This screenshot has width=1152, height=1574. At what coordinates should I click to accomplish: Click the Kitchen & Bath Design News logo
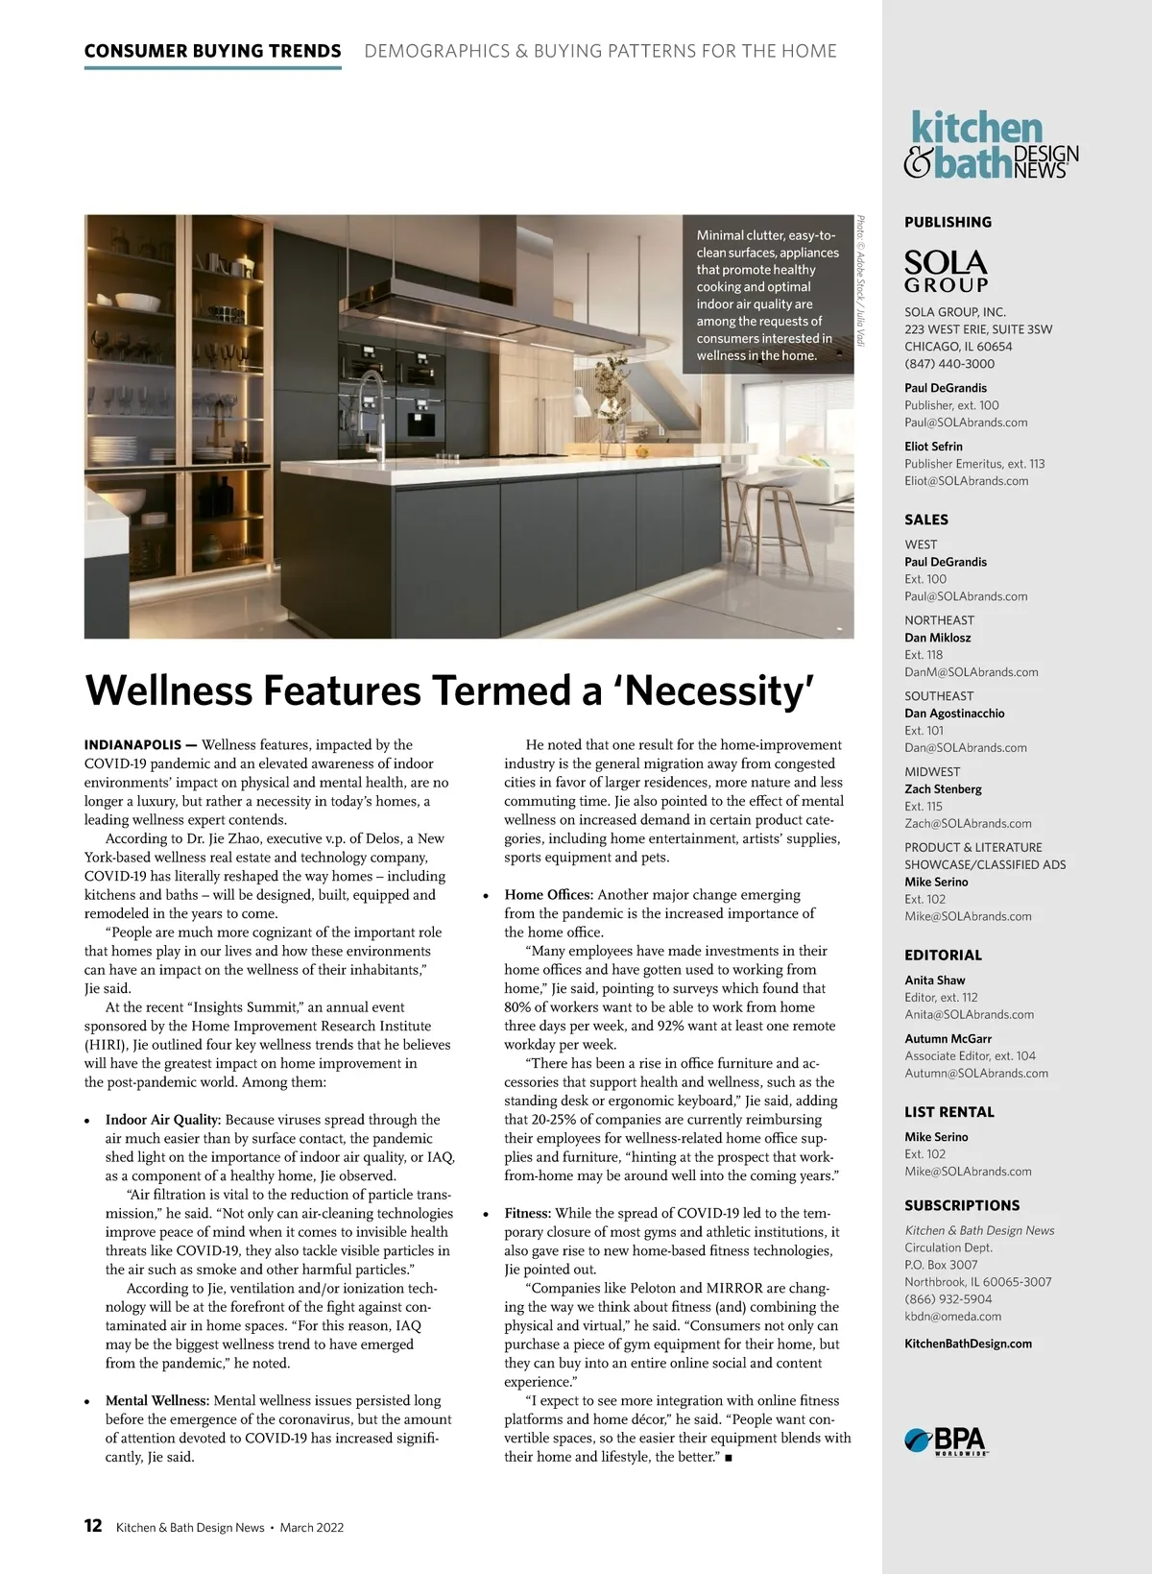[x=991, y=145]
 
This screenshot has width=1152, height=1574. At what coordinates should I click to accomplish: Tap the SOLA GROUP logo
[x=946, y=272]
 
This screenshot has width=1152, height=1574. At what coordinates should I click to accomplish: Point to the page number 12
[x=93, y=1526]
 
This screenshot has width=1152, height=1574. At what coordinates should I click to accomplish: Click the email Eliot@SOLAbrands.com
[x=966, y=481]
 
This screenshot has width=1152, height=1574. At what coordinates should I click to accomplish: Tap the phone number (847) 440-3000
[x=949, y=364]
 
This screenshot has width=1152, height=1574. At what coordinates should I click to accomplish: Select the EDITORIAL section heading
[x=943, y=956]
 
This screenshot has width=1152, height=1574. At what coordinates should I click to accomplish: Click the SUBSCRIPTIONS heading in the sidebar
[x=962, y=1205]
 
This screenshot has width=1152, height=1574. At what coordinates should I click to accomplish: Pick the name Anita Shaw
[x=934, y=981]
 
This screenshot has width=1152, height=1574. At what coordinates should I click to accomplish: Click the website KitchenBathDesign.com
[x=968, y=1344]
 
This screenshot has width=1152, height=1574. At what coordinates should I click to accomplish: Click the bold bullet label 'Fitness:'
[x=528, y=1214]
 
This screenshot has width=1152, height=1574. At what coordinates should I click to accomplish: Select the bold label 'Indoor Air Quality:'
[x=163, y=1120]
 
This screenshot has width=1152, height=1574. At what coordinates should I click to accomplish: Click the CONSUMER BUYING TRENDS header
[x=212, y=51]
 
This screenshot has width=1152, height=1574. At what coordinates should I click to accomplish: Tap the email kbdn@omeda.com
[x=952, y=1317]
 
